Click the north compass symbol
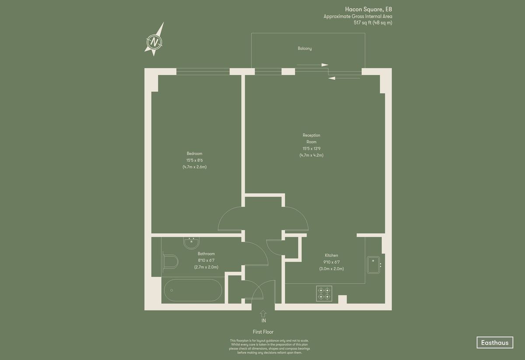(x=154, y=42)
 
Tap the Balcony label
(x=304, y=49)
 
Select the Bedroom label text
(x=195, y=154)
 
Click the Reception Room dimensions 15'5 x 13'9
(x=311, y=149)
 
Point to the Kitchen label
(x=332, y=255)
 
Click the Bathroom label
(x=206, y=254)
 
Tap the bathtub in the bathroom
(x=192, y=290)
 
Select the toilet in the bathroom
(x=170, y=262)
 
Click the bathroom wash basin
(x=191, y=243)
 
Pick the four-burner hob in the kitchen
(x=324, y=294)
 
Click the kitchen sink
(x=374, y=265)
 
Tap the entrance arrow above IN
(x=263, y=314)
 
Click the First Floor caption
(x=263, y=332)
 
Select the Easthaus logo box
(x=495, y=343)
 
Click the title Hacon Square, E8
(x=368, y=9)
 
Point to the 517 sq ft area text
(x=373, y=23)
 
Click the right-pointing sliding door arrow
(x=312, y=65)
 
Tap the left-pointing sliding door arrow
(x=344, y=78)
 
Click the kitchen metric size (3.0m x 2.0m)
(x=332, y=269)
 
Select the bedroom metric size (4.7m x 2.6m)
(x=195, y=167)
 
